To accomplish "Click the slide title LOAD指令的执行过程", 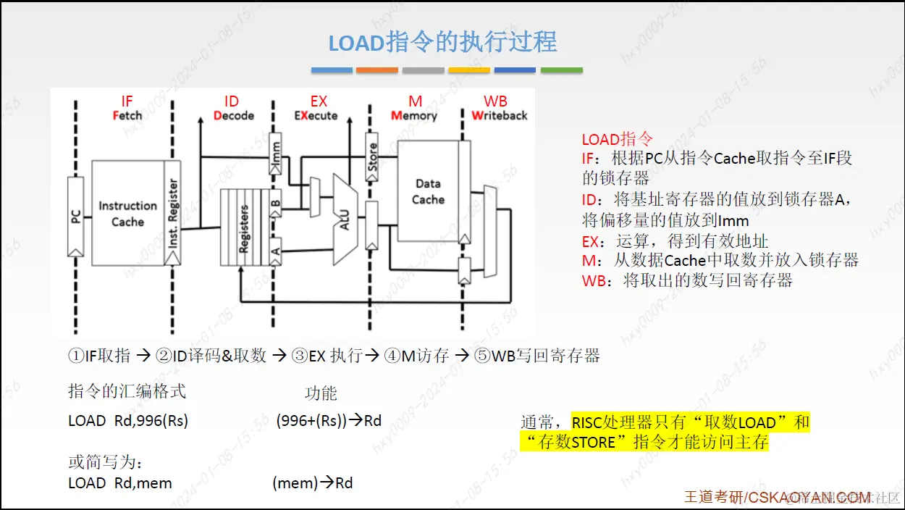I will pyautogui.click(x=442, y=42).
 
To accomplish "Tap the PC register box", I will pyautogui.click(x=75, y=215).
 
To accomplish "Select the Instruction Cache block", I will pyautogui.click(x=127, y=214).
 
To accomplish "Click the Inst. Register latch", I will pyautogui.click(x=172, y=214).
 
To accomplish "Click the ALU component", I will pyautogui.click(x=345, y=218).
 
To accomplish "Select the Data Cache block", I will pyautogui.click(x=428, y=192).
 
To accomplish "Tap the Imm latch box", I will pyautogui.click(x=274, y=154).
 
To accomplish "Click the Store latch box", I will pyautogui.click(x=371, y=156).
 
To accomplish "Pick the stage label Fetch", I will pyautogui.click(x=127, y=116).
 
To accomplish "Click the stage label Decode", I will pyautogui.click(x=234, y=116).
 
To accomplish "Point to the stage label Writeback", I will pyautogui.click(x=499, y=116).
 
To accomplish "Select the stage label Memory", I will pyautogui.click(x=413, y=116).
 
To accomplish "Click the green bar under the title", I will pyautogui.click(x=561, y=70).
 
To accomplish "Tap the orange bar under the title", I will pyautogui.click(x=377, y=70).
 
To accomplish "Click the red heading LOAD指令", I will pyautogui.click(x=617, y=139).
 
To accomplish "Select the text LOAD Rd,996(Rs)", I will pyautogui.click(x=128, y=421).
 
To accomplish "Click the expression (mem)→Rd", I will pyautogui.click(x=313, y=482).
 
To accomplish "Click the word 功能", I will pyautogui.click(x=321, y=393).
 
